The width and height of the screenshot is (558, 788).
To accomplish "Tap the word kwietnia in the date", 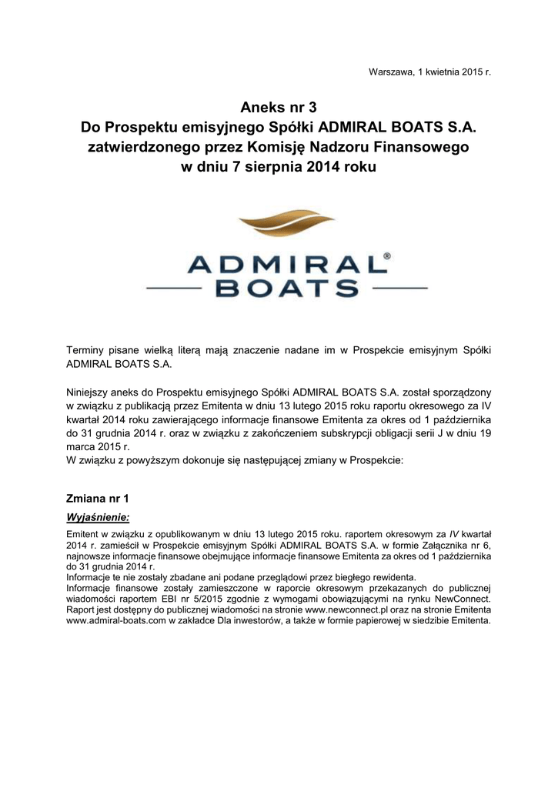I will pyautogui.click(x=441, y=72).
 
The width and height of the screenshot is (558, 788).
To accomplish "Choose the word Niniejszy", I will pyautogui.click(x=92, y=390).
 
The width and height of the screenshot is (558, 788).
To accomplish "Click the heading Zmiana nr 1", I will pyautogui.click(x=98, y=498).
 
